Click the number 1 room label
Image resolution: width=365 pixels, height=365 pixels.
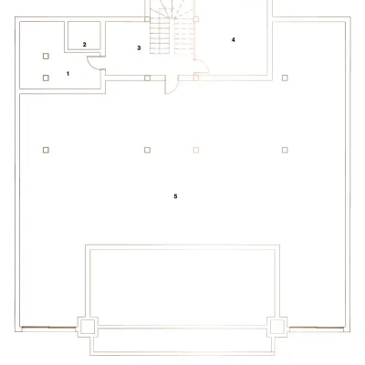point(68,74)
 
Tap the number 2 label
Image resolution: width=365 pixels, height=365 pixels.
point(84,45)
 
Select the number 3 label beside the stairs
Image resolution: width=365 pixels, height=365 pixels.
point(139,47)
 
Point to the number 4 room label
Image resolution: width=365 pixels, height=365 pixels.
point(234,39)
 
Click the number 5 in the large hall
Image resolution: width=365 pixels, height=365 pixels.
point(175,196)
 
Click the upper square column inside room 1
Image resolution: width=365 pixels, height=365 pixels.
point(46,56)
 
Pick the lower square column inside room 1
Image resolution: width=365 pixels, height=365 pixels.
point(46,78)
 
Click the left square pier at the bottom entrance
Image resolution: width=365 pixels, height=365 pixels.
point(88,327)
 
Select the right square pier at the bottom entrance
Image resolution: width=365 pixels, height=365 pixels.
point(277,327)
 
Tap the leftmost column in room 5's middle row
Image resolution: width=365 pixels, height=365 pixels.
point(46,150)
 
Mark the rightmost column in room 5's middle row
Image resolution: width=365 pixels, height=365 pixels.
point(285,150)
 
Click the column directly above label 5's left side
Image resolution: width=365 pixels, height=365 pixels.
point(147,150)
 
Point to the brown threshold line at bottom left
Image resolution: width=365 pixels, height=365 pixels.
point(48,328)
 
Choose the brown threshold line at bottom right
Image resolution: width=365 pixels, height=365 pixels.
point(317,328)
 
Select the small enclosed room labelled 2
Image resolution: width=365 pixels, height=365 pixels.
point(84,36)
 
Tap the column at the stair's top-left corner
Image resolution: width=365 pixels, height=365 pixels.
point(147,19)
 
